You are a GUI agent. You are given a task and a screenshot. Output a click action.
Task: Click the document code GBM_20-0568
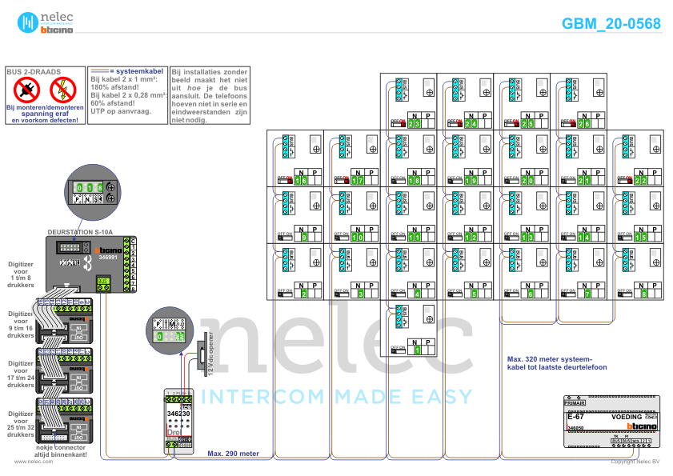611,24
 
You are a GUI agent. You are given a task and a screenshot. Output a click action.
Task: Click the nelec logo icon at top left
28,22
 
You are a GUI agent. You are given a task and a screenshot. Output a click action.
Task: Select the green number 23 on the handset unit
414,124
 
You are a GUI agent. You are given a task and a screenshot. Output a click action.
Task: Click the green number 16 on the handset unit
301,181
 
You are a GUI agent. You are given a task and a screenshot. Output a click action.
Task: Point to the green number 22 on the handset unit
641,181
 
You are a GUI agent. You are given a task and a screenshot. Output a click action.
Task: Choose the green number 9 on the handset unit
302,238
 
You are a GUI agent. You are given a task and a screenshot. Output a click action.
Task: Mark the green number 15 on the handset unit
640,238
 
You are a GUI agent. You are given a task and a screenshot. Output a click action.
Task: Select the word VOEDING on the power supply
627,418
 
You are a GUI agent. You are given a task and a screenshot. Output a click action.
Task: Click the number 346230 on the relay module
178,413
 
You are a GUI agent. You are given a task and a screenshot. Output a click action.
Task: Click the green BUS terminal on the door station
103,281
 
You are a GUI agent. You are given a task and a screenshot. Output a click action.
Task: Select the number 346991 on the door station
108,258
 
